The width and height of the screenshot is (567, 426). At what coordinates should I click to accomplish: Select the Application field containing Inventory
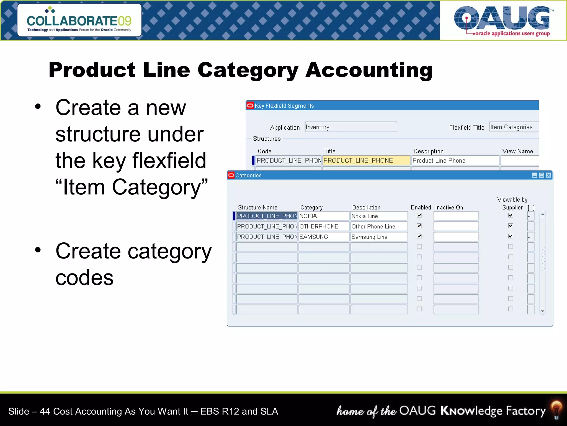[x=350, y=127]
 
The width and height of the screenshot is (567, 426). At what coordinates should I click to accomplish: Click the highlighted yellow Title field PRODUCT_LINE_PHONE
[x=366, y=161]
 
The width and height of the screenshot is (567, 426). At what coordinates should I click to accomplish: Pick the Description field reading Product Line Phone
[x=455, y=161]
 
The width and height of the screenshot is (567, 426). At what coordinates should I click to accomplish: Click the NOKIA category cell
[x=324, y=216]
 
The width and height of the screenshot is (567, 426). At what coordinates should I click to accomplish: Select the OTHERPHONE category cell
[x=324, y=226]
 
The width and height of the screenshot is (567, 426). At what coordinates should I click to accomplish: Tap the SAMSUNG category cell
[x=324, y=237]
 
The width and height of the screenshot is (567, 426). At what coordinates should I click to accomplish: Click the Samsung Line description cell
[x=378, y=237]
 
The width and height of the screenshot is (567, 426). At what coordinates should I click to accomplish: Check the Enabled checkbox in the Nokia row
[x=419, y=215]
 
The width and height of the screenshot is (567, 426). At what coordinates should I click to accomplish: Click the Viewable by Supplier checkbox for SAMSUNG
[x=511, y=236]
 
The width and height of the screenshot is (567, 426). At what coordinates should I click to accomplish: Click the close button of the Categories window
[x=548, y=175]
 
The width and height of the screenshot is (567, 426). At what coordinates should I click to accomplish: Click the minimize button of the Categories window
[x=535, y=175]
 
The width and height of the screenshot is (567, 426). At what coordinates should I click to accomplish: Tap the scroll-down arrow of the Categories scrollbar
[x=543, y=311]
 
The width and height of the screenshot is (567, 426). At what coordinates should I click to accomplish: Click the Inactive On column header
[x=449, y=207]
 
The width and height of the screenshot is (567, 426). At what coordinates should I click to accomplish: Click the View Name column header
[x=517, y=151]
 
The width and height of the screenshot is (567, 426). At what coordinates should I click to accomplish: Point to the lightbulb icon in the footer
[x=556, y=409]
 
